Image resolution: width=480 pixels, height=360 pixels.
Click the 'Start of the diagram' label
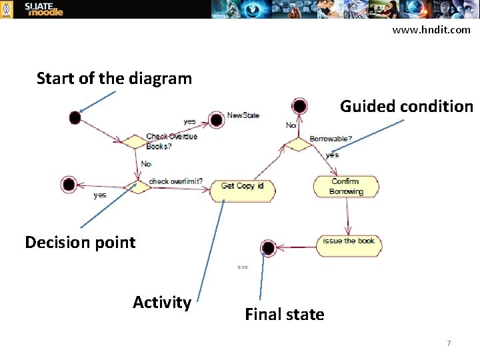tap(114, 79)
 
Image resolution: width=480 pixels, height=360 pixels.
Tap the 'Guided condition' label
tap(406, 106)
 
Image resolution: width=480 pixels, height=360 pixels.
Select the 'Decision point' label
tap(80, 242)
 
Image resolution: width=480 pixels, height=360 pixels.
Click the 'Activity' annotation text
tap(162, 302)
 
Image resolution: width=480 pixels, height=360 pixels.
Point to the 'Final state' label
tap(285, 314)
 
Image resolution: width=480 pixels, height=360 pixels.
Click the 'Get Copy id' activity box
tap(243, 187)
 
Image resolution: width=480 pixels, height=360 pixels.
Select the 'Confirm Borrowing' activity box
tap(345, 187)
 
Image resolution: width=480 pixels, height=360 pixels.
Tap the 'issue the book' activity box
tap(349, 242)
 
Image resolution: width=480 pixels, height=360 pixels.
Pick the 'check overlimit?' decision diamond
tap(139, 187)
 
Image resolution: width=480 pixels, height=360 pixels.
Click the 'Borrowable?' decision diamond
tap(297, 144)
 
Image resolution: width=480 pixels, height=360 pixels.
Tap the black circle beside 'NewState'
tap(216, 120)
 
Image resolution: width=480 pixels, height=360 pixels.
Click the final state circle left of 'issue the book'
tap(268, 248)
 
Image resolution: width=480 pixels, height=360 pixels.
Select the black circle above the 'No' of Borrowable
tap(299, 106)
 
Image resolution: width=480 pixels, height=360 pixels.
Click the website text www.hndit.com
tap(431, 29)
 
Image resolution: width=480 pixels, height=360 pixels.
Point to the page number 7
tap(449, 343)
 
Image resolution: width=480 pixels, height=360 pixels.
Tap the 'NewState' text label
tap(243, 115)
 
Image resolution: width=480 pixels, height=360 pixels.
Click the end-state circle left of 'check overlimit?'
tap(68, 184)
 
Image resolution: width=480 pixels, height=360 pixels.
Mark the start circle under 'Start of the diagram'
tap(75, 118)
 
